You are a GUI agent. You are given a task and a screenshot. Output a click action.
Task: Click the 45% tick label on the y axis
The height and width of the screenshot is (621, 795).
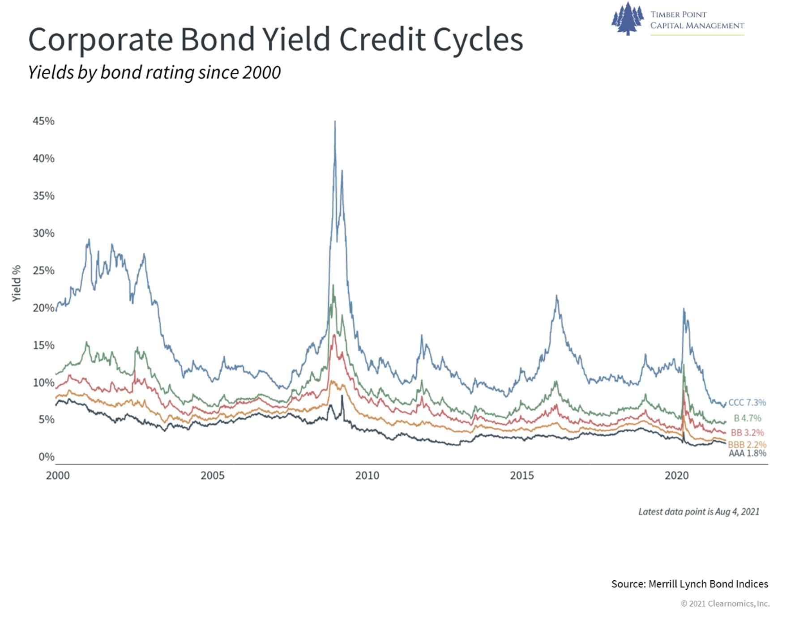pyautogui.click(x=43, y=121)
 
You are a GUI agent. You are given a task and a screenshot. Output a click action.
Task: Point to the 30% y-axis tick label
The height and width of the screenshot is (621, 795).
pyautogui.click(x=43, y=233)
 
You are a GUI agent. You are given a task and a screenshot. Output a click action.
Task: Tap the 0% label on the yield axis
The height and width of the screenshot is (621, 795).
pyautogui.click(x=47, y=457)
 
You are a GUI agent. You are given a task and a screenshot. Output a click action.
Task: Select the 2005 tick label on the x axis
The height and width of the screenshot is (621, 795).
pyautogui.click(x=213, y=476)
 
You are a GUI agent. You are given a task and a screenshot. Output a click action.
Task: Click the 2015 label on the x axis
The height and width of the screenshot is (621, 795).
pyautogui.click(x=522, y=476)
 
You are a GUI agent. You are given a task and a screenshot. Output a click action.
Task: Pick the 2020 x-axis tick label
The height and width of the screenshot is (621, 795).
pyautogui.click(x=677, y=476)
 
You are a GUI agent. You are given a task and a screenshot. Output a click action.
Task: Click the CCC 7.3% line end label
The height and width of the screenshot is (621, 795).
pyautogui.click(x=747, y=403)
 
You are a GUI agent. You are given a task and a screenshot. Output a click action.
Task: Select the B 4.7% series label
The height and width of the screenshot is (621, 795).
pyautogui.click(x=747, y=418)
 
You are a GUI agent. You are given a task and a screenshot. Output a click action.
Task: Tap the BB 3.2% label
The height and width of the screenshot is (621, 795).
pyautogui.click(x=747, y=433)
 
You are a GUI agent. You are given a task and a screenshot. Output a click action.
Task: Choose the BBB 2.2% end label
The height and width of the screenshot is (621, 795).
pyautogui.click(x=747, y=445)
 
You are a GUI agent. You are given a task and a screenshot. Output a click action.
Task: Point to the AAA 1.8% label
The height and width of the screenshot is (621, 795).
pyautogui.click(x=748, y=453)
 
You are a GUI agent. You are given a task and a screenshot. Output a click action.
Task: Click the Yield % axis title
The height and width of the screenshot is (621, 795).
pyautogui.click(x=16, y=283)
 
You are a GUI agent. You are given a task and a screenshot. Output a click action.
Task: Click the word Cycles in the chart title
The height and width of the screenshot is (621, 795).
pyautogui.click(x=478, y=39)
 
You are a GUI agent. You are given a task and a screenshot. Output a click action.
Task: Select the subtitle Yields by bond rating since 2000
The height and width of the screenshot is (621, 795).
pyautogui.click(x=154, y=72)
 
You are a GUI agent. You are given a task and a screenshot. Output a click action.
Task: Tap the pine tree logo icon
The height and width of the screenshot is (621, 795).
pyautogui.click(x=628, y=19)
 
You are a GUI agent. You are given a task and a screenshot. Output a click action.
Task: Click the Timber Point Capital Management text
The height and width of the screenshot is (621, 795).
pyautogui.click(x=697, y=20)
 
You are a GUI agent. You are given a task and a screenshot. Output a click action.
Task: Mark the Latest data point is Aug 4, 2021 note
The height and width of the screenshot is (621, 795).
pyautogui.click(x=699, y=512)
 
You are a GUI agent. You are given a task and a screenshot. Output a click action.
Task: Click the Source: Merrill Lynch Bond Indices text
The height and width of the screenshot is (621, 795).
pyautogui.click(x=690, y=584)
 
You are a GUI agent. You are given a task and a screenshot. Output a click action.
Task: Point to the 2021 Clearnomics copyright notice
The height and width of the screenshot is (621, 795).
pyautogui.click(x=725, y=604)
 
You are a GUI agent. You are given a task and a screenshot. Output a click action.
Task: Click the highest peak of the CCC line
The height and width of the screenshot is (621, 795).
pyautogui.click(x=335, y=121)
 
